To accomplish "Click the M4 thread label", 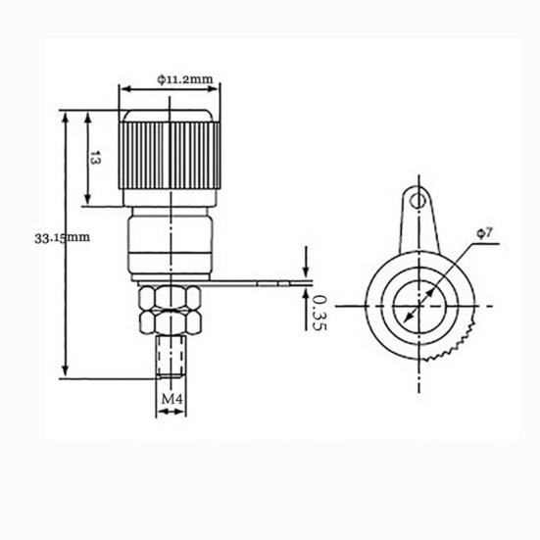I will (172, 400).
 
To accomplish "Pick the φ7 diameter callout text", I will (487, 231).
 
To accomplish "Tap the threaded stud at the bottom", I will (171, 357).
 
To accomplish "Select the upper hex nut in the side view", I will (170, 298).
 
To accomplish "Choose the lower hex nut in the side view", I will (170, 321).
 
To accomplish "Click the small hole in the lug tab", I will (419, 201).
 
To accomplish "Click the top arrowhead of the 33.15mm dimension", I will (66, 116).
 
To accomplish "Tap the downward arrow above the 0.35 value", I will (307, 271).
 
